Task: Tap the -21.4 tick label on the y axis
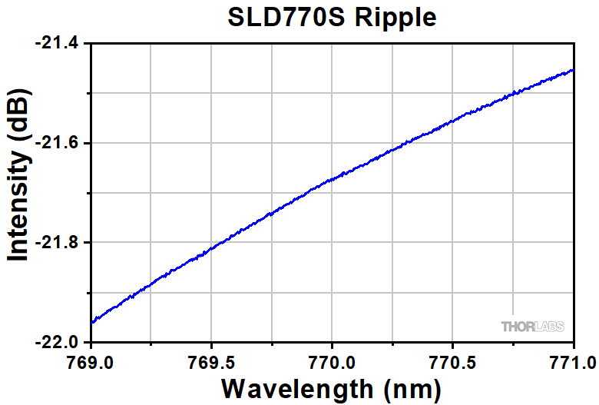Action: pos(57,44)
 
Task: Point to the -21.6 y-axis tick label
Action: pos(57,144)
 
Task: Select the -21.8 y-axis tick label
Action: pos(57,243)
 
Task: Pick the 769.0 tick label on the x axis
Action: pos(91,359)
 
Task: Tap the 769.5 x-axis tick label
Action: pos(211,359)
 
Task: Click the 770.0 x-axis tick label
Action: pos(333,359)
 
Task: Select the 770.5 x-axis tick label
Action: pos(453,359)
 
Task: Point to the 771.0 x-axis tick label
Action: pos(573,359)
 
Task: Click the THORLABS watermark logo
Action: pos(532,327)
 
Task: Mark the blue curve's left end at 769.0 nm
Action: pos(91,323)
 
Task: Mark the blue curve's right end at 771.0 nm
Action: pos(574,70)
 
